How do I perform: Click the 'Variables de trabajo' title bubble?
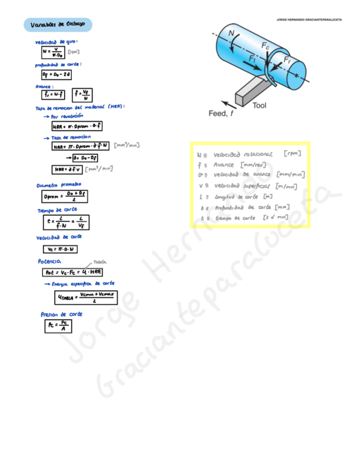click(x=57, y=25)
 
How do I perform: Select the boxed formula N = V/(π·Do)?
click(x=53, y=52)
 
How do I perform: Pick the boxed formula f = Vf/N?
click(x=84, y=94)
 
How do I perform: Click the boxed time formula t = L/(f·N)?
click(x=66, y=222)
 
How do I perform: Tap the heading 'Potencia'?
click(x=49, y=261)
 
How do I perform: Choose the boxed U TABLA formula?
click(x=85, y=297)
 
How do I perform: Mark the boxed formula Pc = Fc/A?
click(x=58, y=325)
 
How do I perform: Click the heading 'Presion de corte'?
click(x=62, y=314)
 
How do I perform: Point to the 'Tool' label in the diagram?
click(x=259, y=104)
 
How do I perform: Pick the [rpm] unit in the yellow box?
click(x=292, y=153)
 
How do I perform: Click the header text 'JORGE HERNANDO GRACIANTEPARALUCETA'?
click(x=309, y=20)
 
